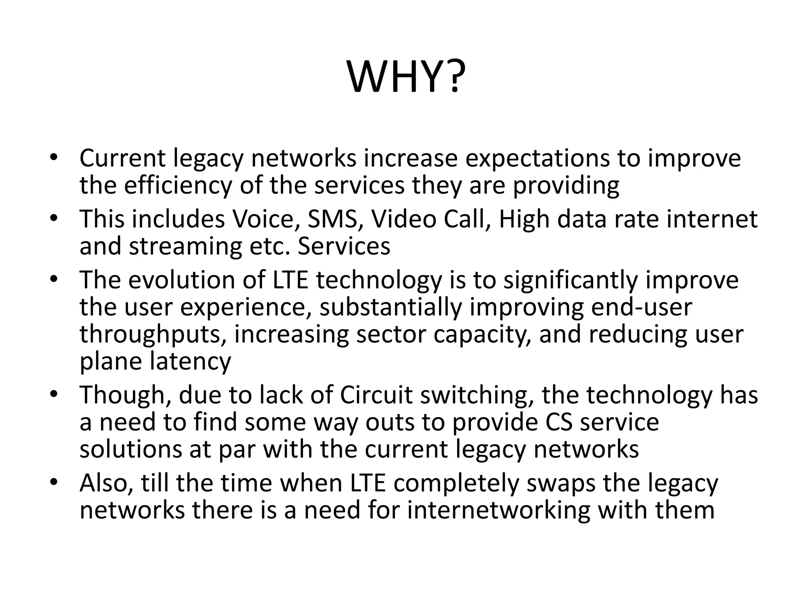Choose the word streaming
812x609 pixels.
(185, 246)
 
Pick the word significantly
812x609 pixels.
(570, 280)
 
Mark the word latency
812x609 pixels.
(190, 361)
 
